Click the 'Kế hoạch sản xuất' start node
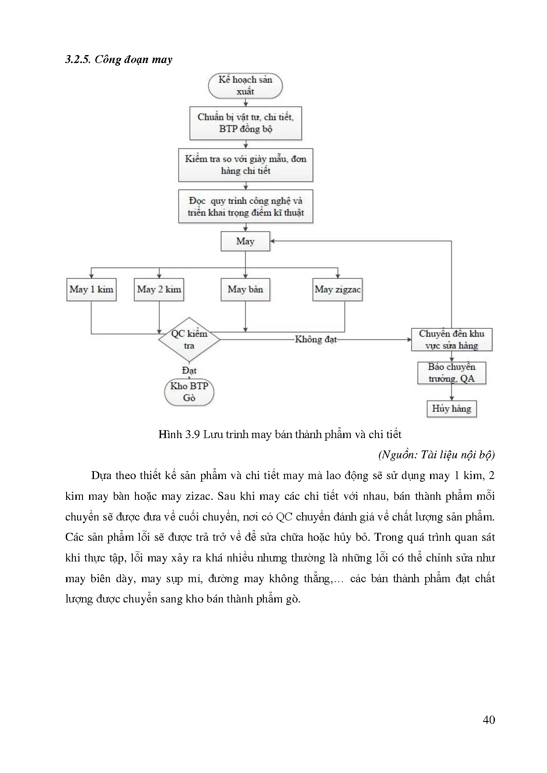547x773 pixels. coord(245,85)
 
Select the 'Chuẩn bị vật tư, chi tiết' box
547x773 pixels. coord(245,123)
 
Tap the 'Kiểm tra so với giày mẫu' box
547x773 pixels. coord(245,165)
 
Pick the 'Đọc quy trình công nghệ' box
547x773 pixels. coord(245,206)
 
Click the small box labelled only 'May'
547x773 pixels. coord(245,242)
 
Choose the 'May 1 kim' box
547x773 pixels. coord(91,290)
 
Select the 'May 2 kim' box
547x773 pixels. coord(159,290)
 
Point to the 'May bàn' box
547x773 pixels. coord(245,290)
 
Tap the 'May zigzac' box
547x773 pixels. coord(337,290)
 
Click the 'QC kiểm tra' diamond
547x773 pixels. coord(189,339)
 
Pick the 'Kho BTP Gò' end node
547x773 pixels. coord(189,392)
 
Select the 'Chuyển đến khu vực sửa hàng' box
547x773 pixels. coord(451,339)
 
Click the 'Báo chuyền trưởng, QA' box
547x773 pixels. coord(451,373)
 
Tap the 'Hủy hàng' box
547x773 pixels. coord(451,409)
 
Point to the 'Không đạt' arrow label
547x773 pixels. coord(315,339)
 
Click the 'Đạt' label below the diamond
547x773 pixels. coord(189,370)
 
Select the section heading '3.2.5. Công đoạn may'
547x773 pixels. coord(119,59)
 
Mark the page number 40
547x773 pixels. coord(489,720)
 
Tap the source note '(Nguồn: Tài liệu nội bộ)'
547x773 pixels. coord(436,454)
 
